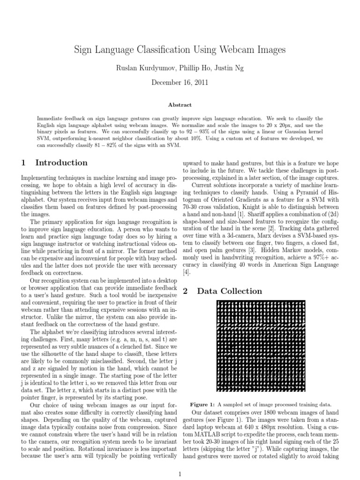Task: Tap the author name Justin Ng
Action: pyautogui.click(x=229, y=68)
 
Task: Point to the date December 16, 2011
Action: pyautogui.click(x=180, y=82)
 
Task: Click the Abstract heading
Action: pyautogui.click(x=180, y=105)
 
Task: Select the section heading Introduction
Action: pyautogui.click(x=61, y=163)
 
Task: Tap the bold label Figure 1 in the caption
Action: pyautogui.click(x=202, y=405)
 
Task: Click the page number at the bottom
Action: pyautogui.click(x=180, y=473)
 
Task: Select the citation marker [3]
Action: pyautogui.click(x=252, y=251)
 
